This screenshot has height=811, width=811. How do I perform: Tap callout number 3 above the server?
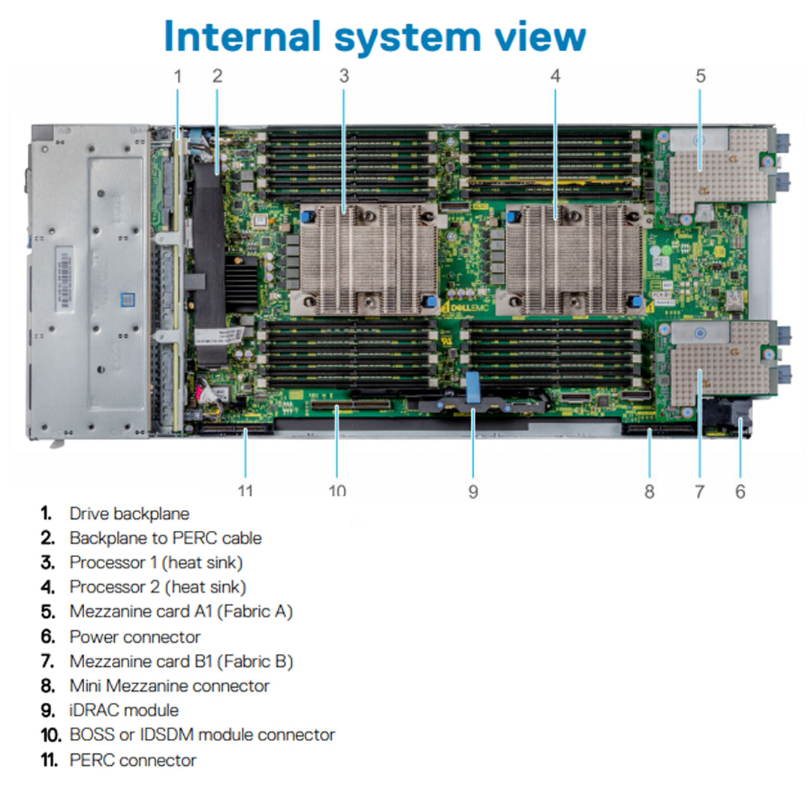pos(344,76)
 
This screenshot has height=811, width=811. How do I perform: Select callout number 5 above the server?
pos(700,76)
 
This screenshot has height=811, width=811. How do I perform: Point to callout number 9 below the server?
pos(473,491)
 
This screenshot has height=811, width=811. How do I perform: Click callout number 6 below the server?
pos(740,491)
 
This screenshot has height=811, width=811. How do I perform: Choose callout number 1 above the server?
pos(178,76)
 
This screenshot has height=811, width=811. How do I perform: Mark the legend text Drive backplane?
pos(129,514)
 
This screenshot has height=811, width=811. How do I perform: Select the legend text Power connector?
pos(135,637)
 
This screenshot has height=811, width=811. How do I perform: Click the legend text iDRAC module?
pos(124,710)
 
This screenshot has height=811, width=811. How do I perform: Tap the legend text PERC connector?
pos(133,760)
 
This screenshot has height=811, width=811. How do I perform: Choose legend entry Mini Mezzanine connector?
pos(169,686)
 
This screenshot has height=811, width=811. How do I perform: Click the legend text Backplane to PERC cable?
pos(165,538)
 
